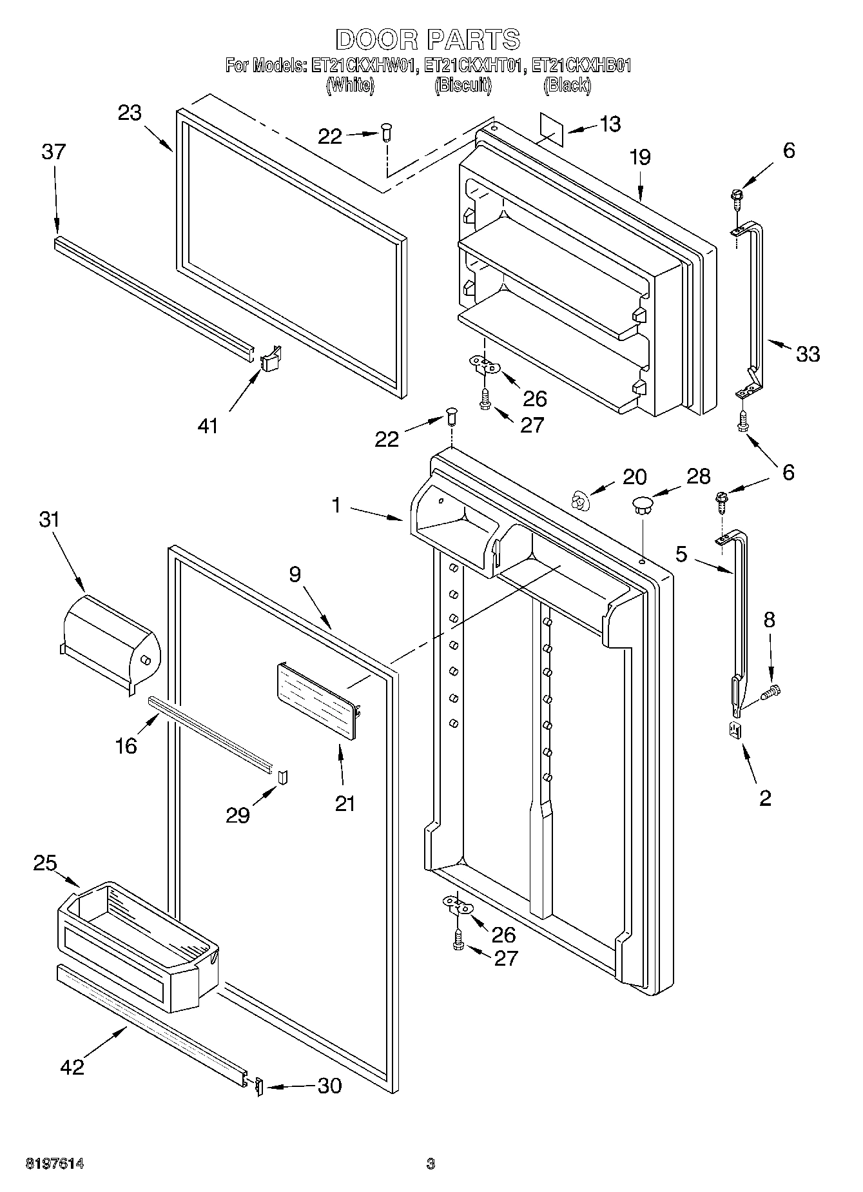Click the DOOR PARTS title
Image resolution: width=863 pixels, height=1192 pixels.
click(428, 40)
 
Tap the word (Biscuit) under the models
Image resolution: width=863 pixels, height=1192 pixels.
click(463, 84)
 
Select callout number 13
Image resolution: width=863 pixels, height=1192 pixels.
click(609, 124)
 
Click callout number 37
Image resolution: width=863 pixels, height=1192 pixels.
click(53, 152)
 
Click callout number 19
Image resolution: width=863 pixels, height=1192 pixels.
click(640, 157)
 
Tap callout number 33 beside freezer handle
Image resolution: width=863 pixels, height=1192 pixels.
click(808, 353)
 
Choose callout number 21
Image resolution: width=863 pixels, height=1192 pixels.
click(345, 803)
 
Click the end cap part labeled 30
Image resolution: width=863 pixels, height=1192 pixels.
click(259, 1086)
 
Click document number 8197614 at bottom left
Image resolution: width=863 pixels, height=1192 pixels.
click(55, 1164)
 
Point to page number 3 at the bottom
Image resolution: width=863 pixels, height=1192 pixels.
click(431, 1164)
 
